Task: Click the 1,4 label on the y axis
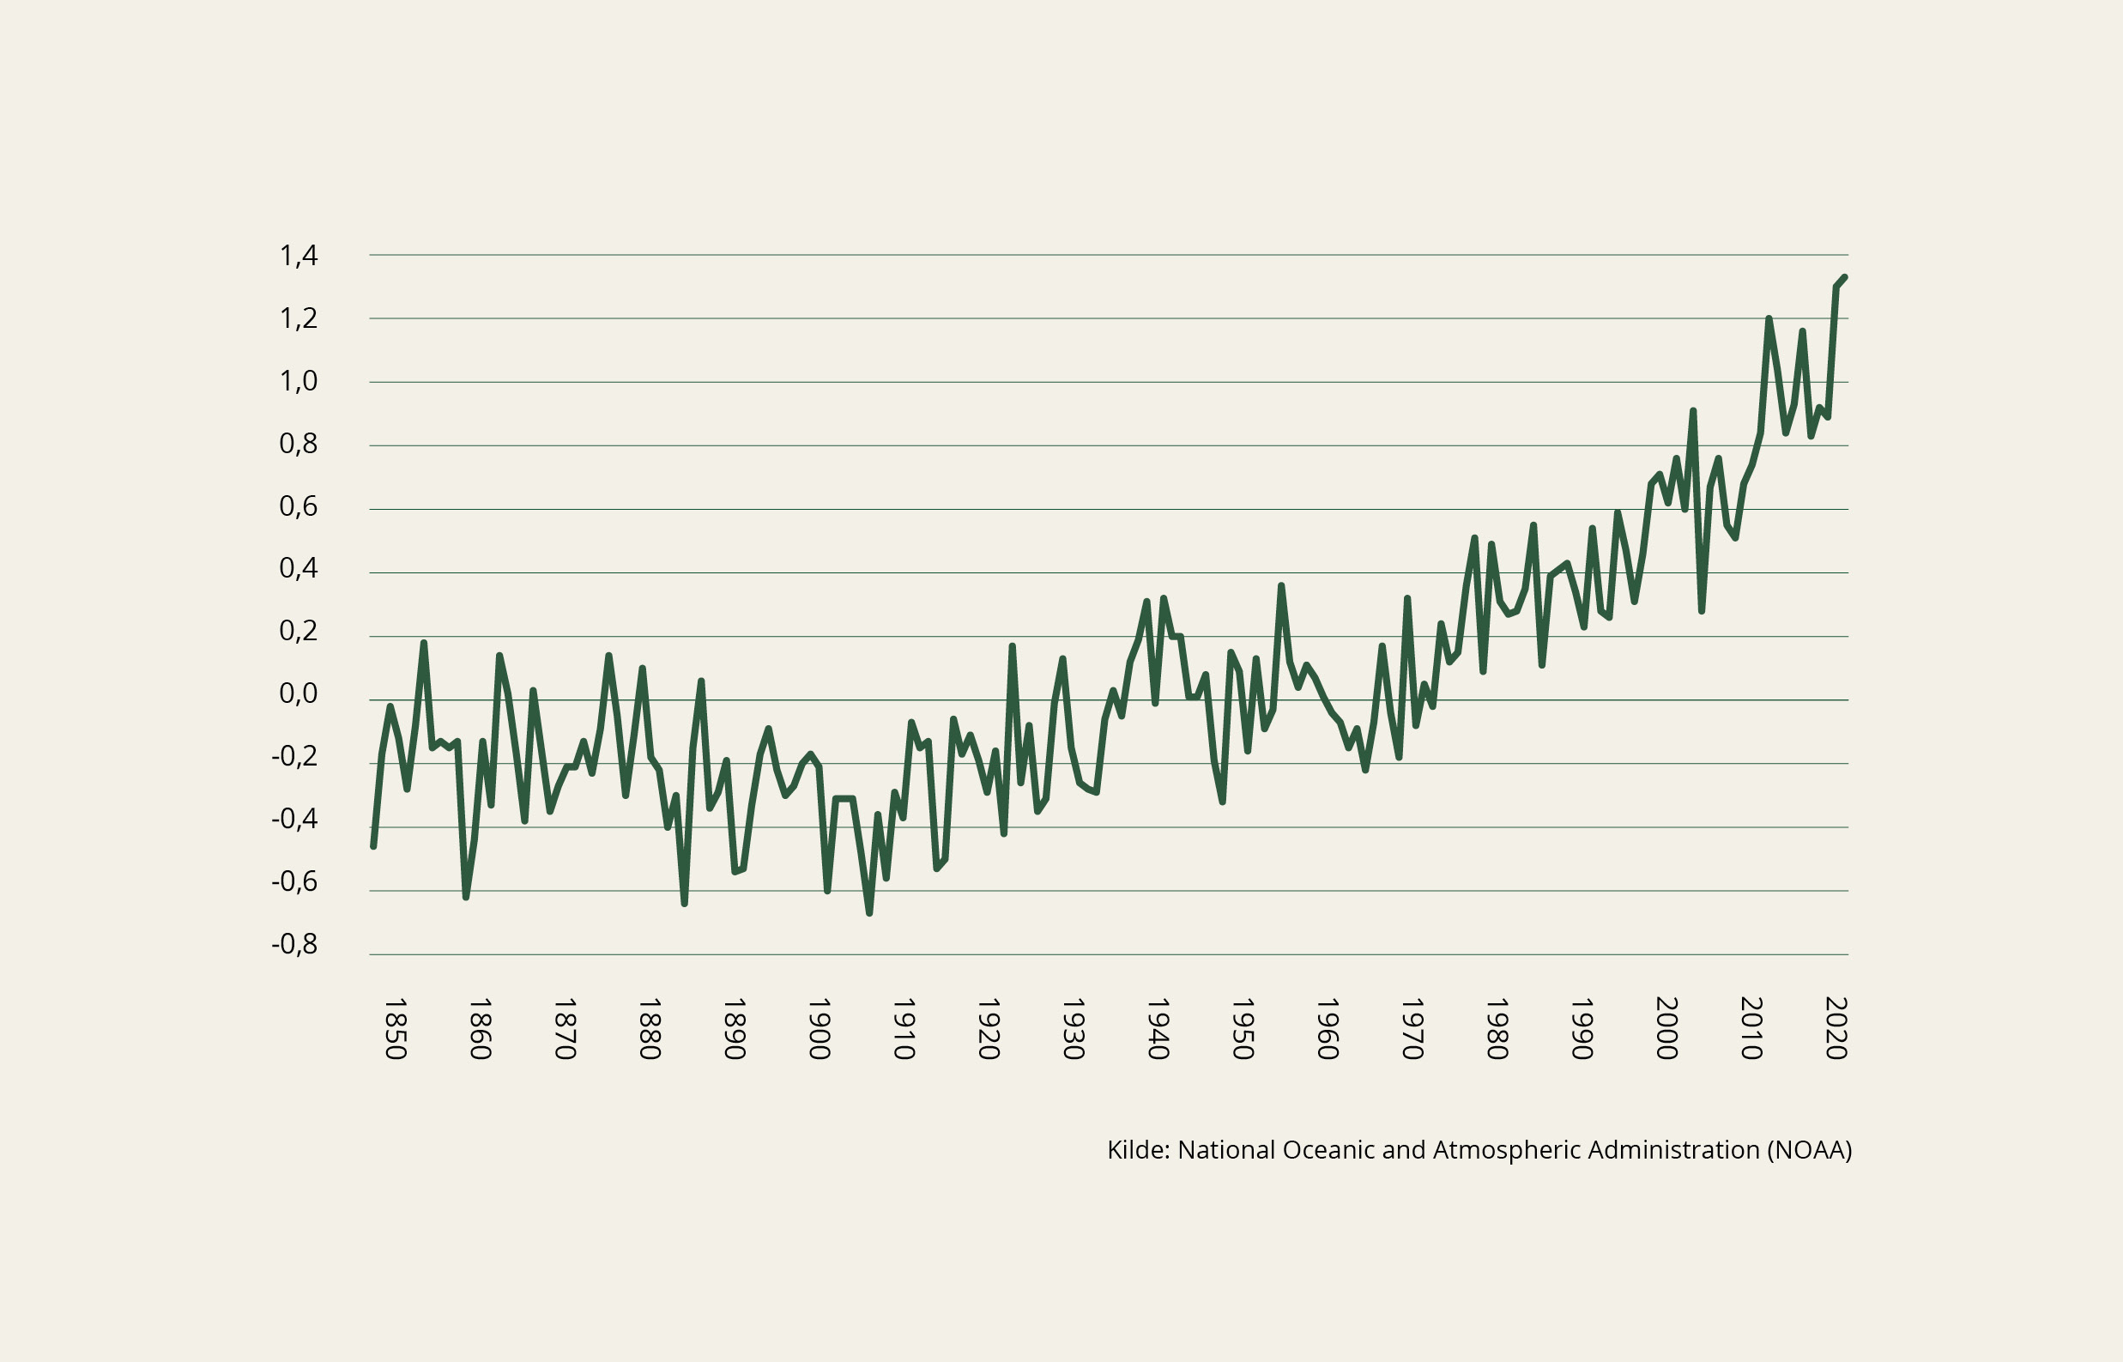(298, 257)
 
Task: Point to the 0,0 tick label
(298, 694)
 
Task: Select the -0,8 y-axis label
(293, 945)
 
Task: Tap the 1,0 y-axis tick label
(298, 382)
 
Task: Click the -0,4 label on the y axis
(293, 820)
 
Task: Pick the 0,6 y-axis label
(298, 506)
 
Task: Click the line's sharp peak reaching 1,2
(1769, 318)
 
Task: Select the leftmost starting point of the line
(373, 846)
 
